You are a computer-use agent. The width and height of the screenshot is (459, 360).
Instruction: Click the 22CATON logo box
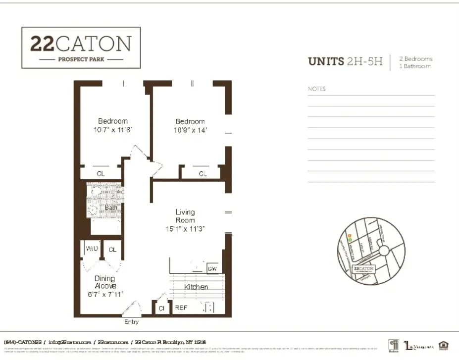tap(81, 48)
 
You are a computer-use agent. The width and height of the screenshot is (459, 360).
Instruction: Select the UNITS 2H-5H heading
tap(345, 61)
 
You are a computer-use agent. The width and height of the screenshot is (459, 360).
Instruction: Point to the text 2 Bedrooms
tap(416, 58)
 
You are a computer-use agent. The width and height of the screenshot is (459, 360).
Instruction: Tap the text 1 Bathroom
tap(415, 66)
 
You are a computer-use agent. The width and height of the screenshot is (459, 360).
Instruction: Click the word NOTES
tap(317, 89)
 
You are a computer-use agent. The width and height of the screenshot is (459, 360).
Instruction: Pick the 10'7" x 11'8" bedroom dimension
tap(113, 130)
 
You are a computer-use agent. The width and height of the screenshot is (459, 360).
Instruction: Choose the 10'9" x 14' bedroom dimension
tap(190, 130)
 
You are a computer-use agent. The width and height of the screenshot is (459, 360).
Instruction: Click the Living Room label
tap(185, 216)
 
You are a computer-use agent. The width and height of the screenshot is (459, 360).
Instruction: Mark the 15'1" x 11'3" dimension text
tap(185, 229)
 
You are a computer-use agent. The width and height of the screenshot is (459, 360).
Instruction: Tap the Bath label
tap(111, 207)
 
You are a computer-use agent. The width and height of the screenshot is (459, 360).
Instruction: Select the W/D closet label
tap(92, 249)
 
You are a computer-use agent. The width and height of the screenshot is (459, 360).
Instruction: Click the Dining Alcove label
tap(105, 282)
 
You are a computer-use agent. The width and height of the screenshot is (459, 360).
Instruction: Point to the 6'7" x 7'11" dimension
tap(105, 294)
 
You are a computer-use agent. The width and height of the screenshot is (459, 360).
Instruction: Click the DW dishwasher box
tap(212, 268)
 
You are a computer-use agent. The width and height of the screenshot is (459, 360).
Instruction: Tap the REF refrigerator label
tap(181, 308)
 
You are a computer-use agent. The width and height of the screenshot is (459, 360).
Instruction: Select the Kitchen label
tap(196, 287)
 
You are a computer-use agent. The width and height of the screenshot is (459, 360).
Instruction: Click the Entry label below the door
tap(131, 322)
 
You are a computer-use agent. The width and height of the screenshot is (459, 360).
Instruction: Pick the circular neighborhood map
tap(371, 251)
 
